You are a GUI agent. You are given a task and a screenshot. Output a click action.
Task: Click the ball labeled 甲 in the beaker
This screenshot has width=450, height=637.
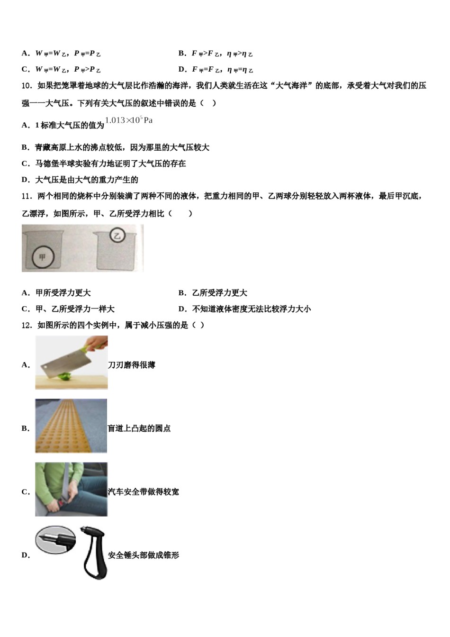pos(43,257)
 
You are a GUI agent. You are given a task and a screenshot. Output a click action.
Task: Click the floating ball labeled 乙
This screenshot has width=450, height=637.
pos(117,235)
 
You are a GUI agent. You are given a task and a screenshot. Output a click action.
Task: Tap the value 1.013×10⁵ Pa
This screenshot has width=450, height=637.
pos(129,120)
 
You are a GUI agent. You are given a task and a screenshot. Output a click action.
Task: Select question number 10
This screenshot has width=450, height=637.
pos(27,86)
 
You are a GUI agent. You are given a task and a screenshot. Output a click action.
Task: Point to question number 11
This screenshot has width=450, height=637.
pos(27,196)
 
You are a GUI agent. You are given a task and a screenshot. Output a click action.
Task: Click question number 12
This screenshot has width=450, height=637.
pos(27,325)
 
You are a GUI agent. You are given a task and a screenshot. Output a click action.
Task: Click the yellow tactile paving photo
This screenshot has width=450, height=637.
pos(71,426)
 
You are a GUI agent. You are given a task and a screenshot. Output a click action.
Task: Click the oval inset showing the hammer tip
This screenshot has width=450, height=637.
pos(55,539)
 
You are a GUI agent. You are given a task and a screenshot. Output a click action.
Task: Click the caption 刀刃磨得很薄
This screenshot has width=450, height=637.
pos(132,365)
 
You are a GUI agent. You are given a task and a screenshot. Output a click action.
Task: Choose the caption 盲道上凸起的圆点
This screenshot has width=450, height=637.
pos(139,428)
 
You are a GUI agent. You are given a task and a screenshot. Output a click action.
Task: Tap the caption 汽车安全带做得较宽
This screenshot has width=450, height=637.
pos(144,492)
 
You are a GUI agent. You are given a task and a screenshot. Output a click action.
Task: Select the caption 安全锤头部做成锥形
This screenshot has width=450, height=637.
pos(144,555)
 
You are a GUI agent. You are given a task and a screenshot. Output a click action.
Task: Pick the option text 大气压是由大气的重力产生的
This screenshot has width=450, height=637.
pos(87,180)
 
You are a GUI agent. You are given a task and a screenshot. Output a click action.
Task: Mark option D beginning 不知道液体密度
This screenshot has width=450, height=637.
pos(252,309)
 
